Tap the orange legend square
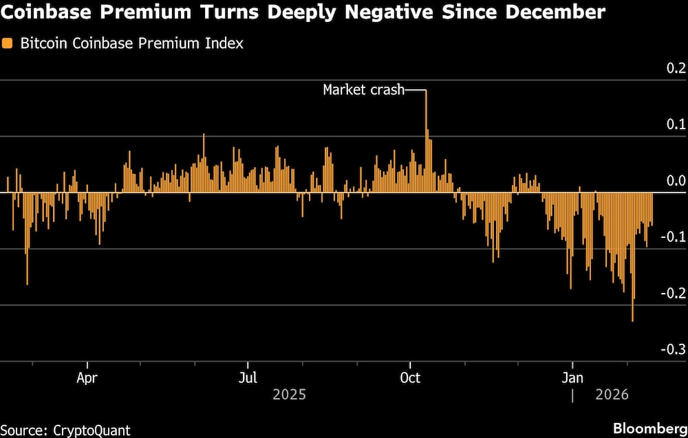[x=8, y=44]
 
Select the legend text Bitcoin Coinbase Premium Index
[x=131, y=44]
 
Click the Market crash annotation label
[x=364, y=90]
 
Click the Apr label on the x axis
[x=87, y=377]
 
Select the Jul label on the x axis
[x=248, y=377]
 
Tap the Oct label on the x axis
[x=410, y=377]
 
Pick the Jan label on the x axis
[x=572, y=377]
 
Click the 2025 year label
[x=289, y=395]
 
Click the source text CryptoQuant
[x=91, y=430]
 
